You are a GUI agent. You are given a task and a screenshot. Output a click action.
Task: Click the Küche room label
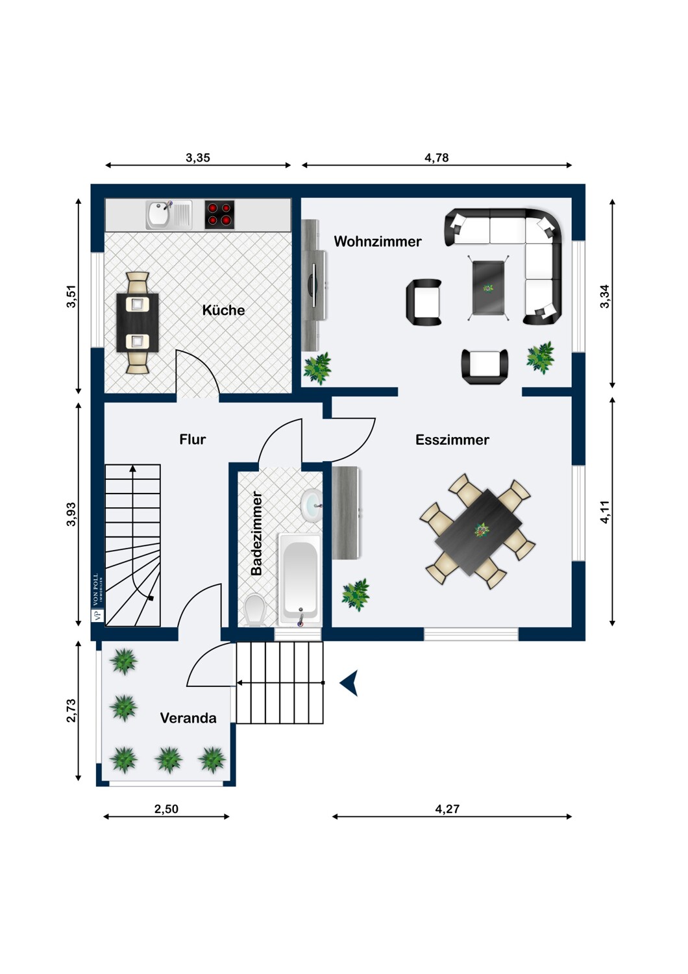pyautogui.click(x=223, y=310)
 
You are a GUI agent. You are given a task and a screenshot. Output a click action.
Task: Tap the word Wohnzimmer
pyautogui.click(x=378, y=242)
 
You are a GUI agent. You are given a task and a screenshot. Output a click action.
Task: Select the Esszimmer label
pyautogui.click(x=452, y=440)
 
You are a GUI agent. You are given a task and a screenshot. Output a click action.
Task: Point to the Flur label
pyautogui.click(x=193, y=439)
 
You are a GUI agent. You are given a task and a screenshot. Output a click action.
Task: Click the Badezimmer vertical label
pyautogui.click(x=256, y=533)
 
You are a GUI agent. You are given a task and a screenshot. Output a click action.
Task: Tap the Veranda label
pyautogui.click(x=188, y=718)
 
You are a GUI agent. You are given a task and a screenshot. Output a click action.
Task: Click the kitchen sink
pyautogui.click(x=169, y=215)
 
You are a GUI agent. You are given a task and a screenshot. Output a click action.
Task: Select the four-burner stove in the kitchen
pyautogui.click(x=219, y=214)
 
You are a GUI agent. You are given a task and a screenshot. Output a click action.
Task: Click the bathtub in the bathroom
pyautogui.click(x=299, y=580)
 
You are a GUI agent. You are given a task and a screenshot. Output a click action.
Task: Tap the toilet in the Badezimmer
pyautogui.click(x=255, y=610)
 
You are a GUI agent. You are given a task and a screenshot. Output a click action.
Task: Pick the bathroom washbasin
pyautogui.click(x=311, y=506)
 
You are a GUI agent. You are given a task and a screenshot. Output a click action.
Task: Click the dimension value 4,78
pyautogui.click(x=436, y=158)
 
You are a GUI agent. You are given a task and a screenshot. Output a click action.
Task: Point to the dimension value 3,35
pyautogui.click(x=198, y=158)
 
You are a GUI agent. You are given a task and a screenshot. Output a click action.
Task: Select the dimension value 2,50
pyautogui.click(x=166, y=809)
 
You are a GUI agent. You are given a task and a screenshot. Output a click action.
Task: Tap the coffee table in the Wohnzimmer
pyautogui.click(x=489, y=288)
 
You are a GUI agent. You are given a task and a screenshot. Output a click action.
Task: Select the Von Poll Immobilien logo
pyautogui.click(x=97, y=597)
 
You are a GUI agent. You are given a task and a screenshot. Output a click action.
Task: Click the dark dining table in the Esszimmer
pyautogui.click(x=478, y=532)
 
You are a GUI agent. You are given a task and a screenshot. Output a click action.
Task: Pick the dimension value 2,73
pyautogui.click(x=71, y=710)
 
